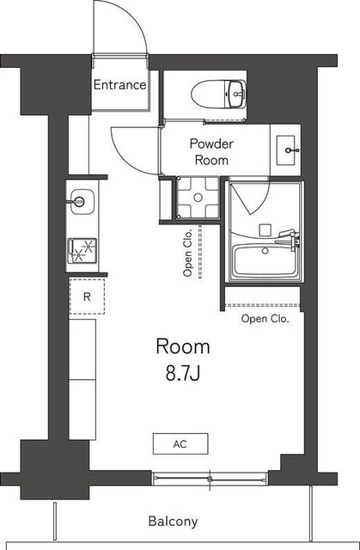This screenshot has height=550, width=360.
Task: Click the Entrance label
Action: (x=119, y=85)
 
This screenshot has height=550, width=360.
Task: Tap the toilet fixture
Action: (x=222, y=90)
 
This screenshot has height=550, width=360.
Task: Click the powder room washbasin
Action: (x=287, y=151)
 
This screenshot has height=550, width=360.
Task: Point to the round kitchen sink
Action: (x=79, y=203)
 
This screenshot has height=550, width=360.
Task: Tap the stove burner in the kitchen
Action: (x=84, y=250)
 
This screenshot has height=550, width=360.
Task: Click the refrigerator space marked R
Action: (x=87, y=297)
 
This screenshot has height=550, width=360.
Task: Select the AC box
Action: (x=180, y=444)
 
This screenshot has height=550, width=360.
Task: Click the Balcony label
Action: (x=173, y=521)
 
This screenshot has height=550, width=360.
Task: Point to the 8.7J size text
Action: (x=182, y=374)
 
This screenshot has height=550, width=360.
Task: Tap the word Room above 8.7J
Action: (x=182, y=346)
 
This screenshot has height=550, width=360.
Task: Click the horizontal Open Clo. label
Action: (x=265, y=319)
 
